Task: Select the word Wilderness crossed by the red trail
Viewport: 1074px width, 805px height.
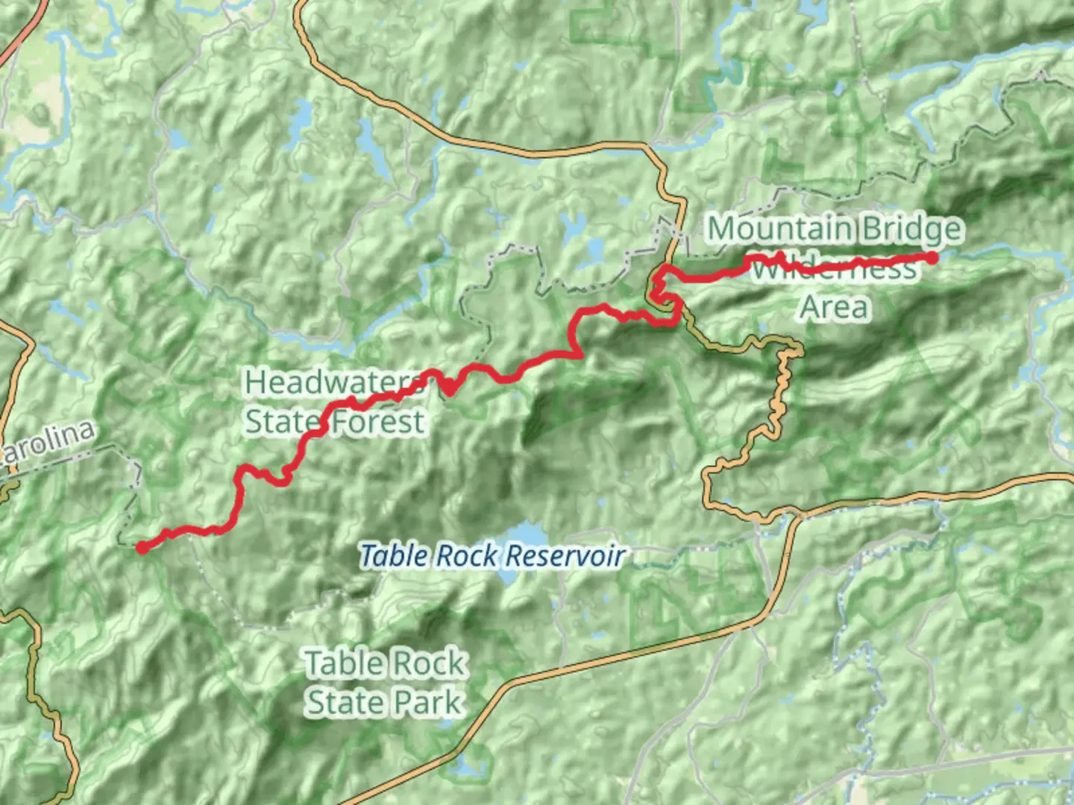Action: click(833, 268)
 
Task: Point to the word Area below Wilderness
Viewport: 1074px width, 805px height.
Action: click(835, 306)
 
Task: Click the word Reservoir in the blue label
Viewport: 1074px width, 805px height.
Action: click(564, 556)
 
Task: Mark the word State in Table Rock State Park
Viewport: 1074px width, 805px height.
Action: click(343, 702)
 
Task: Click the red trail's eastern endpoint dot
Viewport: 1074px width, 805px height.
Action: click(932, 257)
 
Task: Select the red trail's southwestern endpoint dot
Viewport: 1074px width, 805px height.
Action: click(141, 548)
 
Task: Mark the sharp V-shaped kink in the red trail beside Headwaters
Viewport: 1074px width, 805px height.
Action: click(449, 390)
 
